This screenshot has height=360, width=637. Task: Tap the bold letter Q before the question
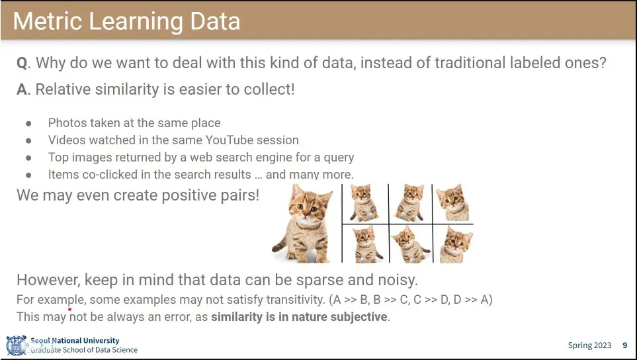pos(22,64)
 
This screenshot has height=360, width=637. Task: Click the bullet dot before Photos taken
pos(28,124)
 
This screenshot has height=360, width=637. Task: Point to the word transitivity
pos(295,300)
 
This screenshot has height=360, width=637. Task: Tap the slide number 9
pos(625,345)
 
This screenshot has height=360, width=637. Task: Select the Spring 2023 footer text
pos(589,345)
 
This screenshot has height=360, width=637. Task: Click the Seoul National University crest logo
pos(17,345)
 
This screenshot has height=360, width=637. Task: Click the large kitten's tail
pos(280,245)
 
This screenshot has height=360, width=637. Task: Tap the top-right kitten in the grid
pos(452,202)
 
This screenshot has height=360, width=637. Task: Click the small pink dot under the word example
pos(70,309)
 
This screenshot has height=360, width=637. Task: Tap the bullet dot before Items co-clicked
pos(28,175)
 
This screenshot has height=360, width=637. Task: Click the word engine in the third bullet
pos(298,157)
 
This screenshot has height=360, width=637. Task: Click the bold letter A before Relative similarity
pos(22,90)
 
